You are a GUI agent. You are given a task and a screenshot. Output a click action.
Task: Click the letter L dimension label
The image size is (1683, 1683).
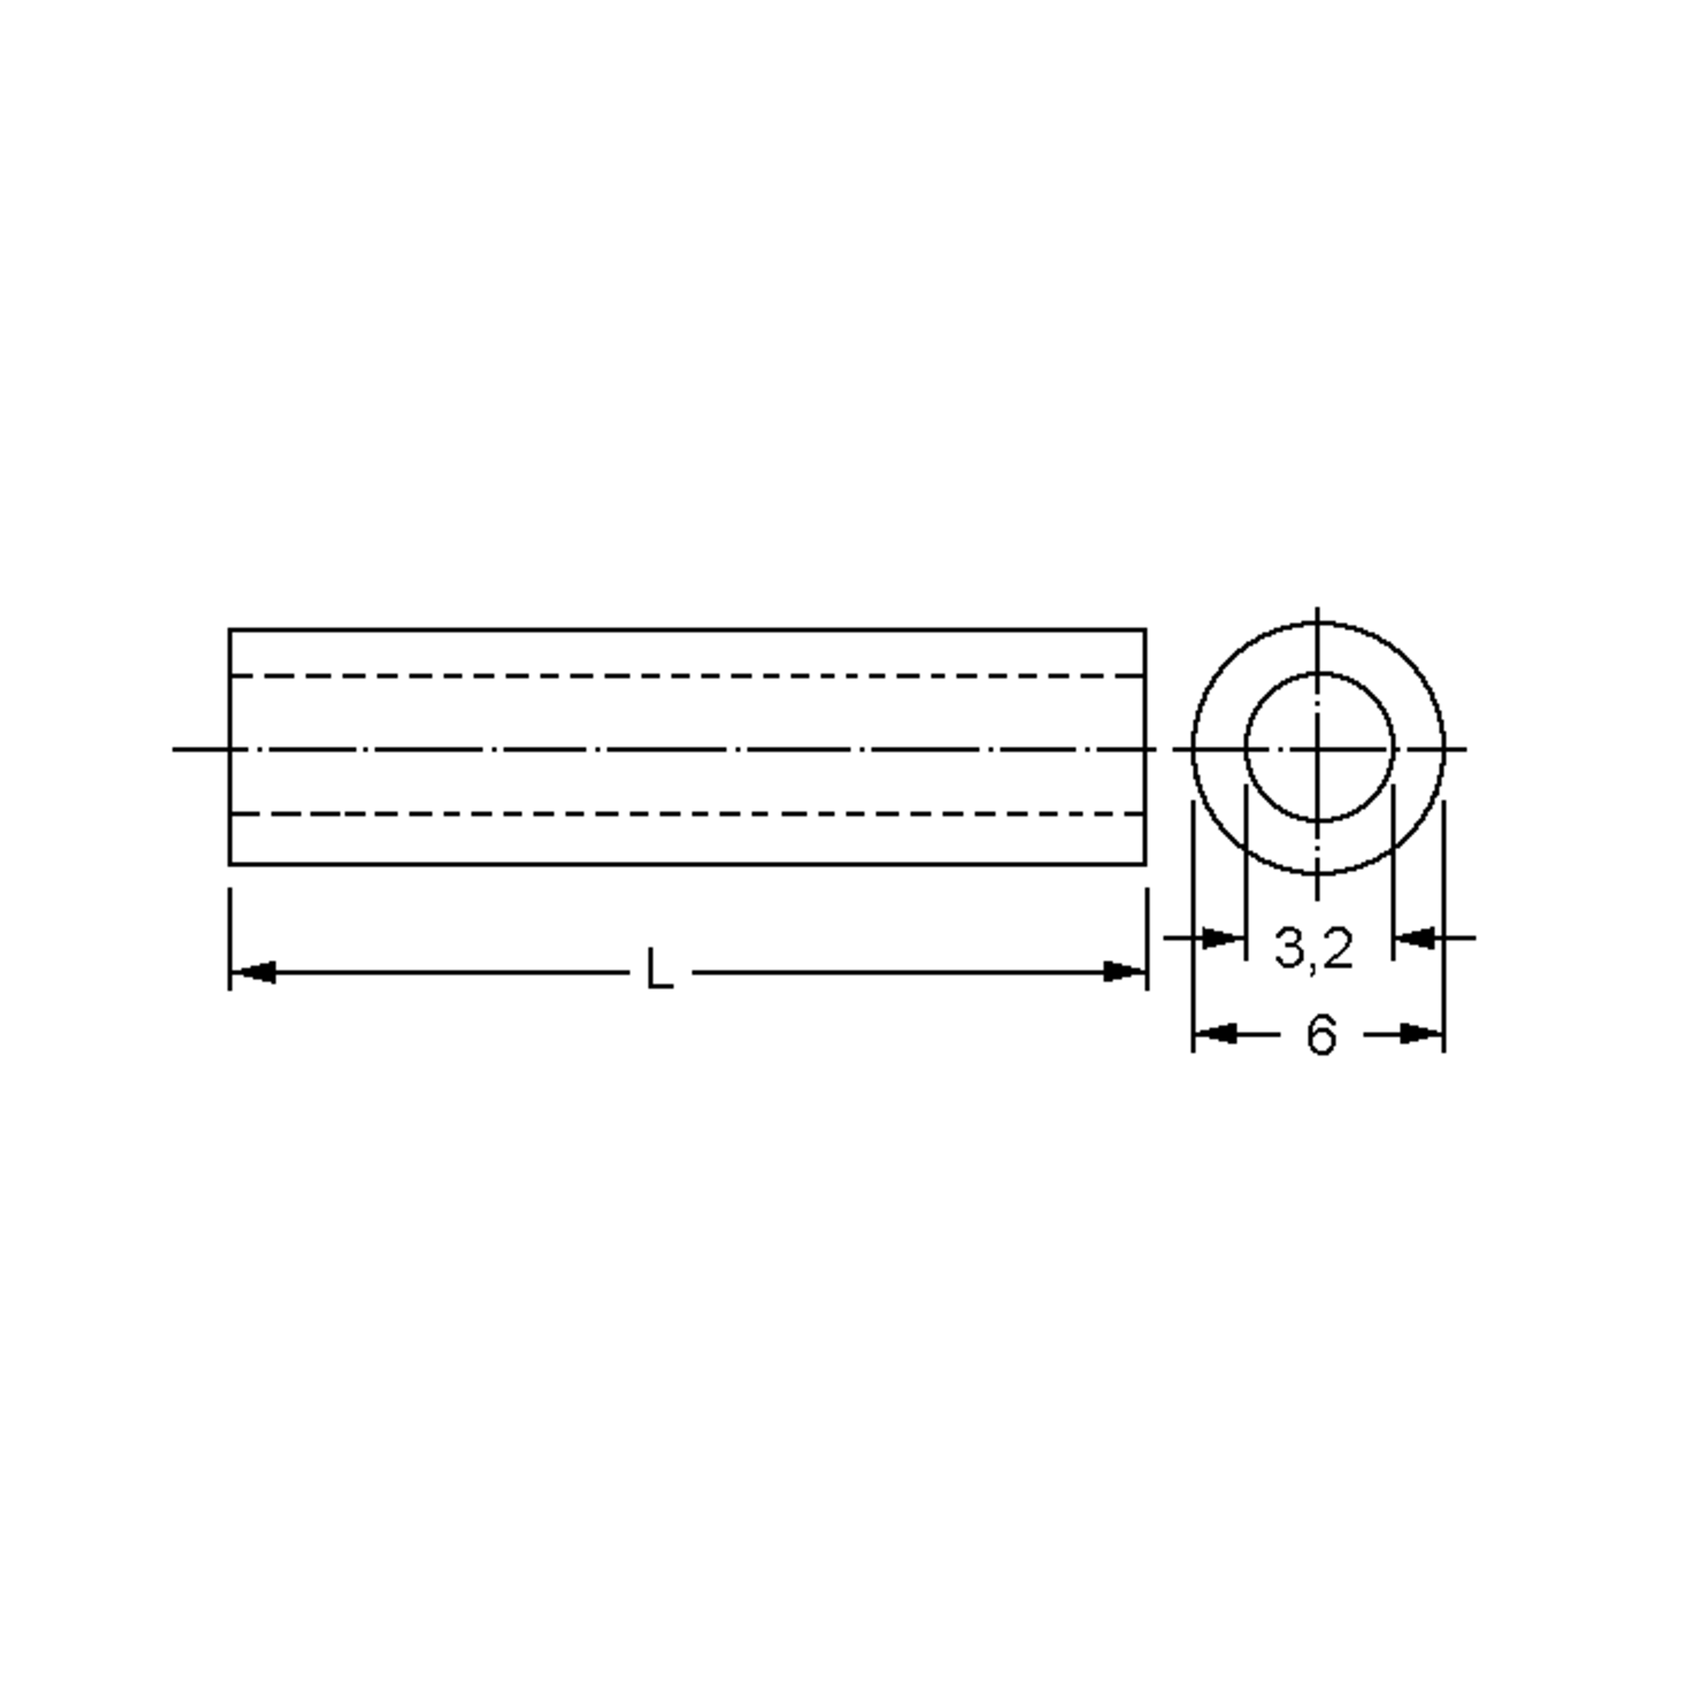click(659, 970)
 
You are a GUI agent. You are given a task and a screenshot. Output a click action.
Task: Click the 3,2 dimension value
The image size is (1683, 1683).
click(1313, 948)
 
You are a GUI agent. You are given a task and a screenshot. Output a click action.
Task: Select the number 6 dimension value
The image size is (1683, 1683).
click(1320, 1036)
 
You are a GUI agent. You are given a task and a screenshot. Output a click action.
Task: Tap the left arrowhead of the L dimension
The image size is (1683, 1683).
click(255, 971)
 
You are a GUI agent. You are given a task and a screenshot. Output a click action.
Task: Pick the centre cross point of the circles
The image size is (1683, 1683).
click(1318, 748)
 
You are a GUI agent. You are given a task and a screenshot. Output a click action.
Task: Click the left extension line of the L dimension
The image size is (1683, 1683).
click(230, 924)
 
